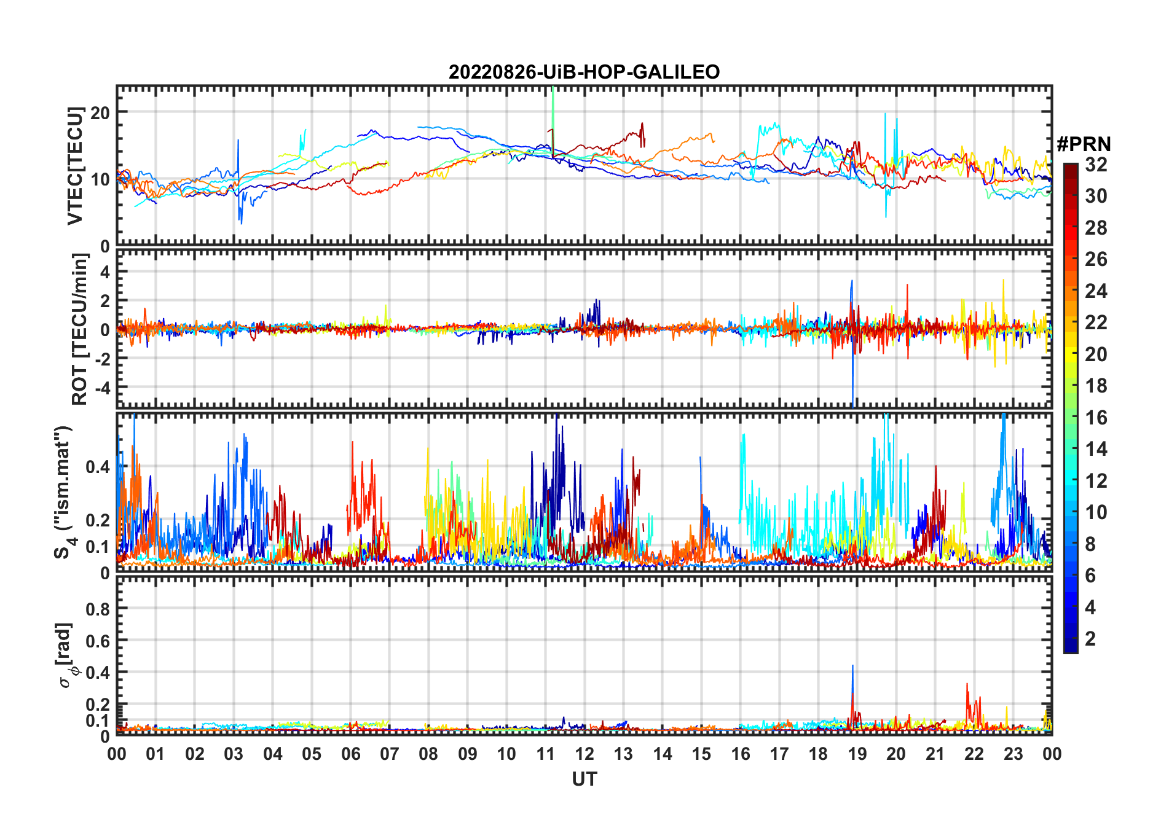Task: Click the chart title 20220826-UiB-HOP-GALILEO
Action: pyautogui.click(x=584, y=72)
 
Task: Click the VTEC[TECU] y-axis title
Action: pyautogui.click(x=75, y=166)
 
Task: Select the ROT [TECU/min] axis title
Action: pyautogui.click(x=80, y=329)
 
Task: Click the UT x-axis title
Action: pyautogui.click(x=584, y=779)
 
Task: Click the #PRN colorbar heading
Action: pyautogui.click(x=1084, y=144)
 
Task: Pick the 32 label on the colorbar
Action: pyautogui.click(x=1096, y=165)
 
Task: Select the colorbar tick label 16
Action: pyautogui.click(x=1096, y=418)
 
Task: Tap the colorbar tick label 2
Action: pyautogui.click(x=1090, y=639)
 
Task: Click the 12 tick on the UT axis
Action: pyautogui.click(x=584, y=754)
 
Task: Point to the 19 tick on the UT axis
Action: pyautogui.click(x=857, y=754)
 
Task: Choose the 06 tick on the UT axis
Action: pyautogui.click(x=350, y=754)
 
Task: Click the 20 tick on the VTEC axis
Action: pyautogui.click(x=100, y=112)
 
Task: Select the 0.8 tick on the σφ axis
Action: pyautogui.click(x=98, y=609)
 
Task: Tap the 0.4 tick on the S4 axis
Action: pyautogui.click(x=98, y=467)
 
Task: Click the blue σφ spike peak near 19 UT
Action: pyautogui.click(x=852, y=666)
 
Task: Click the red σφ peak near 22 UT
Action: pyautogui.click(x=967, y=684)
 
